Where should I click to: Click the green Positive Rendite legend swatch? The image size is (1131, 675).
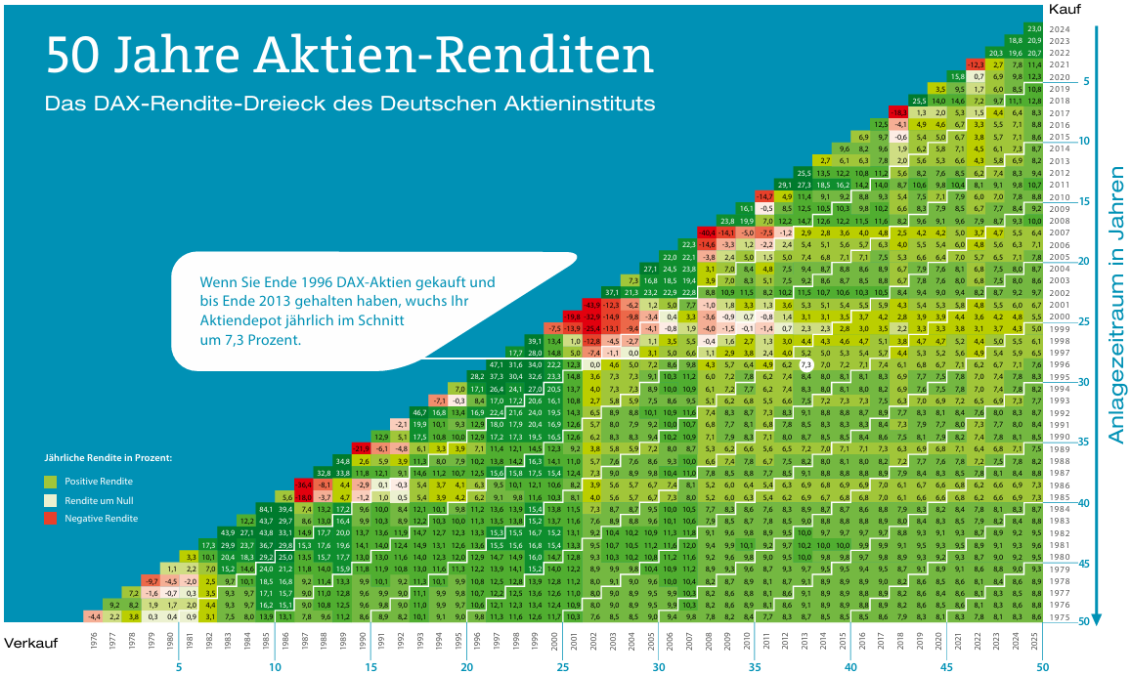click(51, 482)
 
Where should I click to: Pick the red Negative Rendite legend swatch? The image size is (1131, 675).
click(51, 518)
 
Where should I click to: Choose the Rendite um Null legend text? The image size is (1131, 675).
click(98, 500)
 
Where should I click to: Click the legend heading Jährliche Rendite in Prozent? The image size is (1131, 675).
click(109, 457)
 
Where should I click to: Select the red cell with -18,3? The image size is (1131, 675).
click(899, 113)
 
